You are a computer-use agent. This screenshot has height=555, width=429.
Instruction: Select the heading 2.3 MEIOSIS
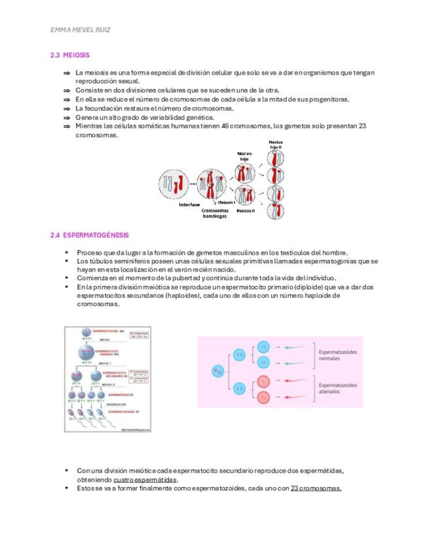click(69, 56)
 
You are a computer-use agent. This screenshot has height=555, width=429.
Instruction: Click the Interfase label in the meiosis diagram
click(190, 205)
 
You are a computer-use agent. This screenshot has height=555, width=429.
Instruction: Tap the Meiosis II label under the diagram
click(246, 211)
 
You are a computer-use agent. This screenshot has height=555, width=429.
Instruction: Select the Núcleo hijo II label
click(276, 145)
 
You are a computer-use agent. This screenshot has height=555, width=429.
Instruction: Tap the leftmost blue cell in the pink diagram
click(217, 371)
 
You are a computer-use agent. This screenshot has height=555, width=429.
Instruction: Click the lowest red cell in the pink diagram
click(263, 397)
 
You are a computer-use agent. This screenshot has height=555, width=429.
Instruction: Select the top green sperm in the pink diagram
click(298, 346)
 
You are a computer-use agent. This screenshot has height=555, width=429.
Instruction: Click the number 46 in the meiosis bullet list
click(225, 126)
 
